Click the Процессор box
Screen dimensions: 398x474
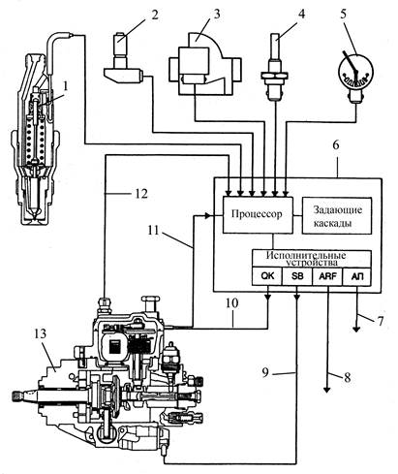pyautogui.click(x=258, y=214)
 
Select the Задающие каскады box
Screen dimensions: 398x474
pyautogui.click(x=337, y=215)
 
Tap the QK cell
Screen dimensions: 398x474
pyautogui.click(x=267, y=276)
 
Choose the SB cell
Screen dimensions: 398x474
pyautogui.click(x=297, y=276)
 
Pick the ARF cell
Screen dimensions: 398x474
pyautogui.click(x=327, y=276)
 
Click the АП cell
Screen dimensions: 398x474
pyautogui.click(x=356, y=276)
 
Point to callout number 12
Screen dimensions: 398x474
pyautogui.click(x=139, y=194)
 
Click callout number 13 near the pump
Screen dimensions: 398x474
pyautogui.click(x=41, y=333)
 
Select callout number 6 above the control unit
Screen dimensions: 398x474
pyautogui.click(x=336, y=145)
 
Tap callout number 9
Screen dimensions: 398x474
pyautogui.click(x=265, y=372)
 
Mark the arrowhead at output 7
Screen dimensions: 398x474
pyautogui.click(x=356, y=329)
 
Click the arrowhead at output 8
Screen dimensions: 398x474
pyautogui.click(x=327, y=390)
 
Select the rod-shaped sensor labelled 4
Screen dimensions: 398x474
pyautogui.click(x=274, y=67)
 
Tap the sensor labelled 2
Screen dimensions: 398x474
pyautogui.click(x=124, y=60)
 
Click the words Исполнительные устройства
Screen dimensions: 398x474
pyautogui.click(x=306, y=259)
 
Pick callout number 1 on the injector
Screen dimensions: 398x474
pyautogui.click(x=66, y=86)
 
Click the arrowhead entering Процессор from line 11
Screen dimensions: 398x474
pyautogui.click(x=206, y=215)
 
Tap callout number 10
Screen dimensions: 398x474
pyautogui.click(x=232, y=303)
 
